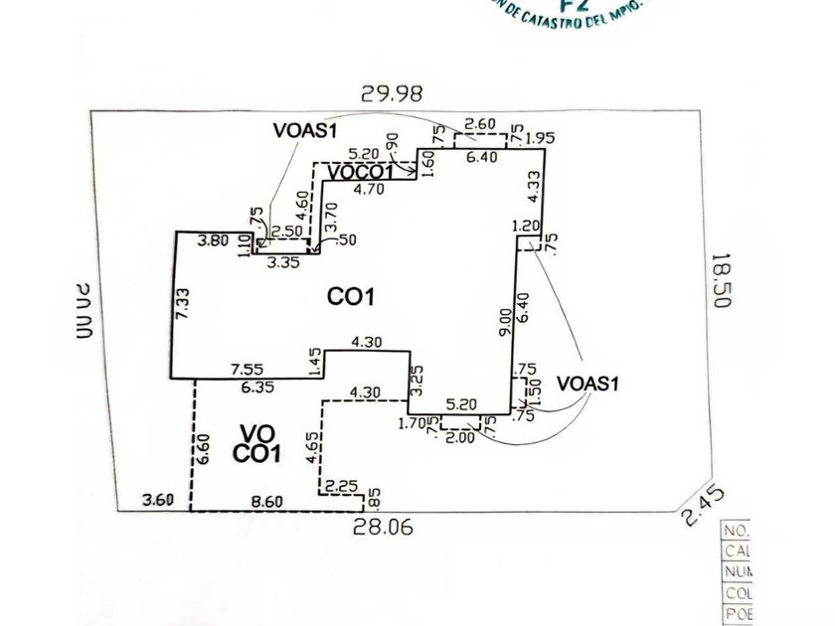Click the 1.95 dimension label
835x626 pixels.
(x=540, y=137)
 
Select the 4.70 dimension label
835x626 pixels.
(x=369, y=186)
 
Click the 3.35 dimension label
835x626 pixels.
(x=285, y=263)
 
